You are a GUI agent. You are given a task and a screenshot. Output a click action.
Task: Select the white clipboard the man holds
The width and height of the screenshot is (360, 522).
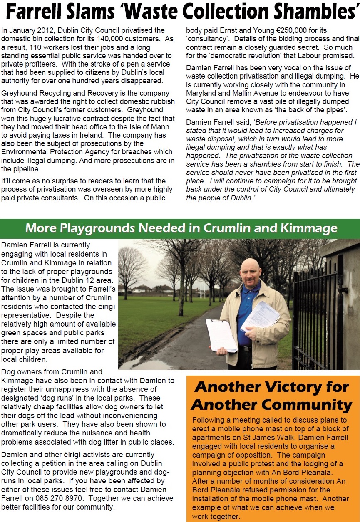[x=221, y=335]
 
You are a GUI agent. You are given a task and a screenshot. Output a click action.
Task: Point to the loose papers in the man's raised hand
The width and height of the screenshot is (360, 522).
[x=260, y=316]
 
